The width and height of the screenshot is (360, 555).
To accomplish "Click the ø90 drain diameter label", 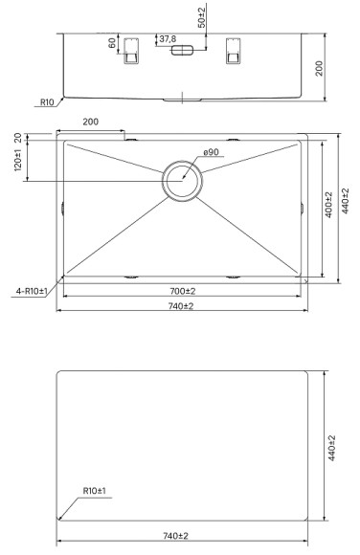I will point(213,153).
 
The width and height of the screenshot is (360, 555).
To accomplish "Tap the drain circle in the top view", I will point(181,180).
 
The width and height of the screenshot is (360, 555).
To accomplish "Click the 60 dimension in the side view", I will point(113,44).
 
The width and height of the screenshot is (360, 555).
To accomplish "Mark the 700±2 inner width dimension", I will point(181,290).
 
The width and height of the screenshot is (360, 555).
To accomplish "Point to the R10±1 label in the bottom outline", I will point(94,491).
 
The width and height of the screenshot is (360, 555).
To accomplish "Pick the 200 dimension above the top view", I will point(91,123).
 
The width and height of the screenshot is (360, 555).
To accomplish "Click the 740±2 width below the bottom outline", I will point(181,537).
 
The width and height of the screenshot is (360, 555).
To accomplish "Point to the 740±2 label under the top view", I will point(181,305).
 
